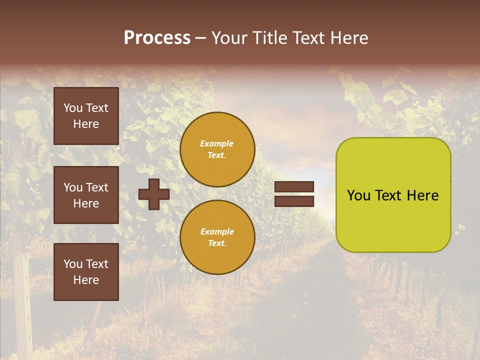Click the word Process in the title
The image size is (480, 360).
coord(157,38)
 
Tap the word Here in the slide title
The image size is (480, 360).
coord(348,38)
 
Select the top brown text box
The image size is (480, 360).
coord(86,116)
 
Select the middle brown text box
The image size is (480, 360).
coord(86,195)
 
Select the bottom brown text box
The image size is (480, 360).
coord(86,272)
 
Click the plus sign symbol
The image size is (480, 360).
coord(154,194)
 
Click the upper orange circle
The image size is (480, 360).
coord(217,149)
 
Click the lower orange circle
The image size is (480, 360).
coord(217,237)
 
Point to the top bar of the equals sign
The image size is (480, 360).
coord(294,187)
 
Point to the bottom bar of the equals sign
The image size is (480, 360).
coord(294,201)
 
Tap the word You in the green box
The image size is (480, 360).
coord(359,195)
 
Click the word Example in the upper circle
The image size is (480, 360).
coord(216,143)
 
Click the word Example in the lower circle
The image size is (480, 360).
coord(217,231)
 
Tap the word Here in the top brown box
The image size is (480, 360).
coord(86,124)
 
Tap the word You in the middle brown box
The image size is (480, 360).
coord(73,187)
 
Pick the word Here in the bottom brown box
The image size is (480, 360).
coord(86,280)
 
